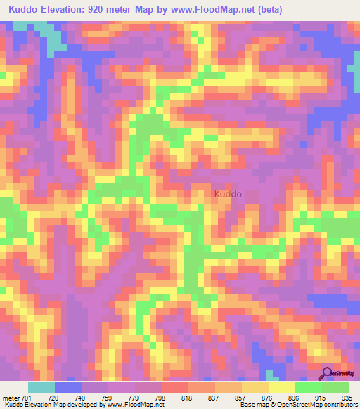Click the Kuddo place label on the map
click(227, 193)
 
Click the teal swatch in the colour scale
click(41, 387)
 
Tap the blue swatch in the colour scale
click(68, 387)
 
